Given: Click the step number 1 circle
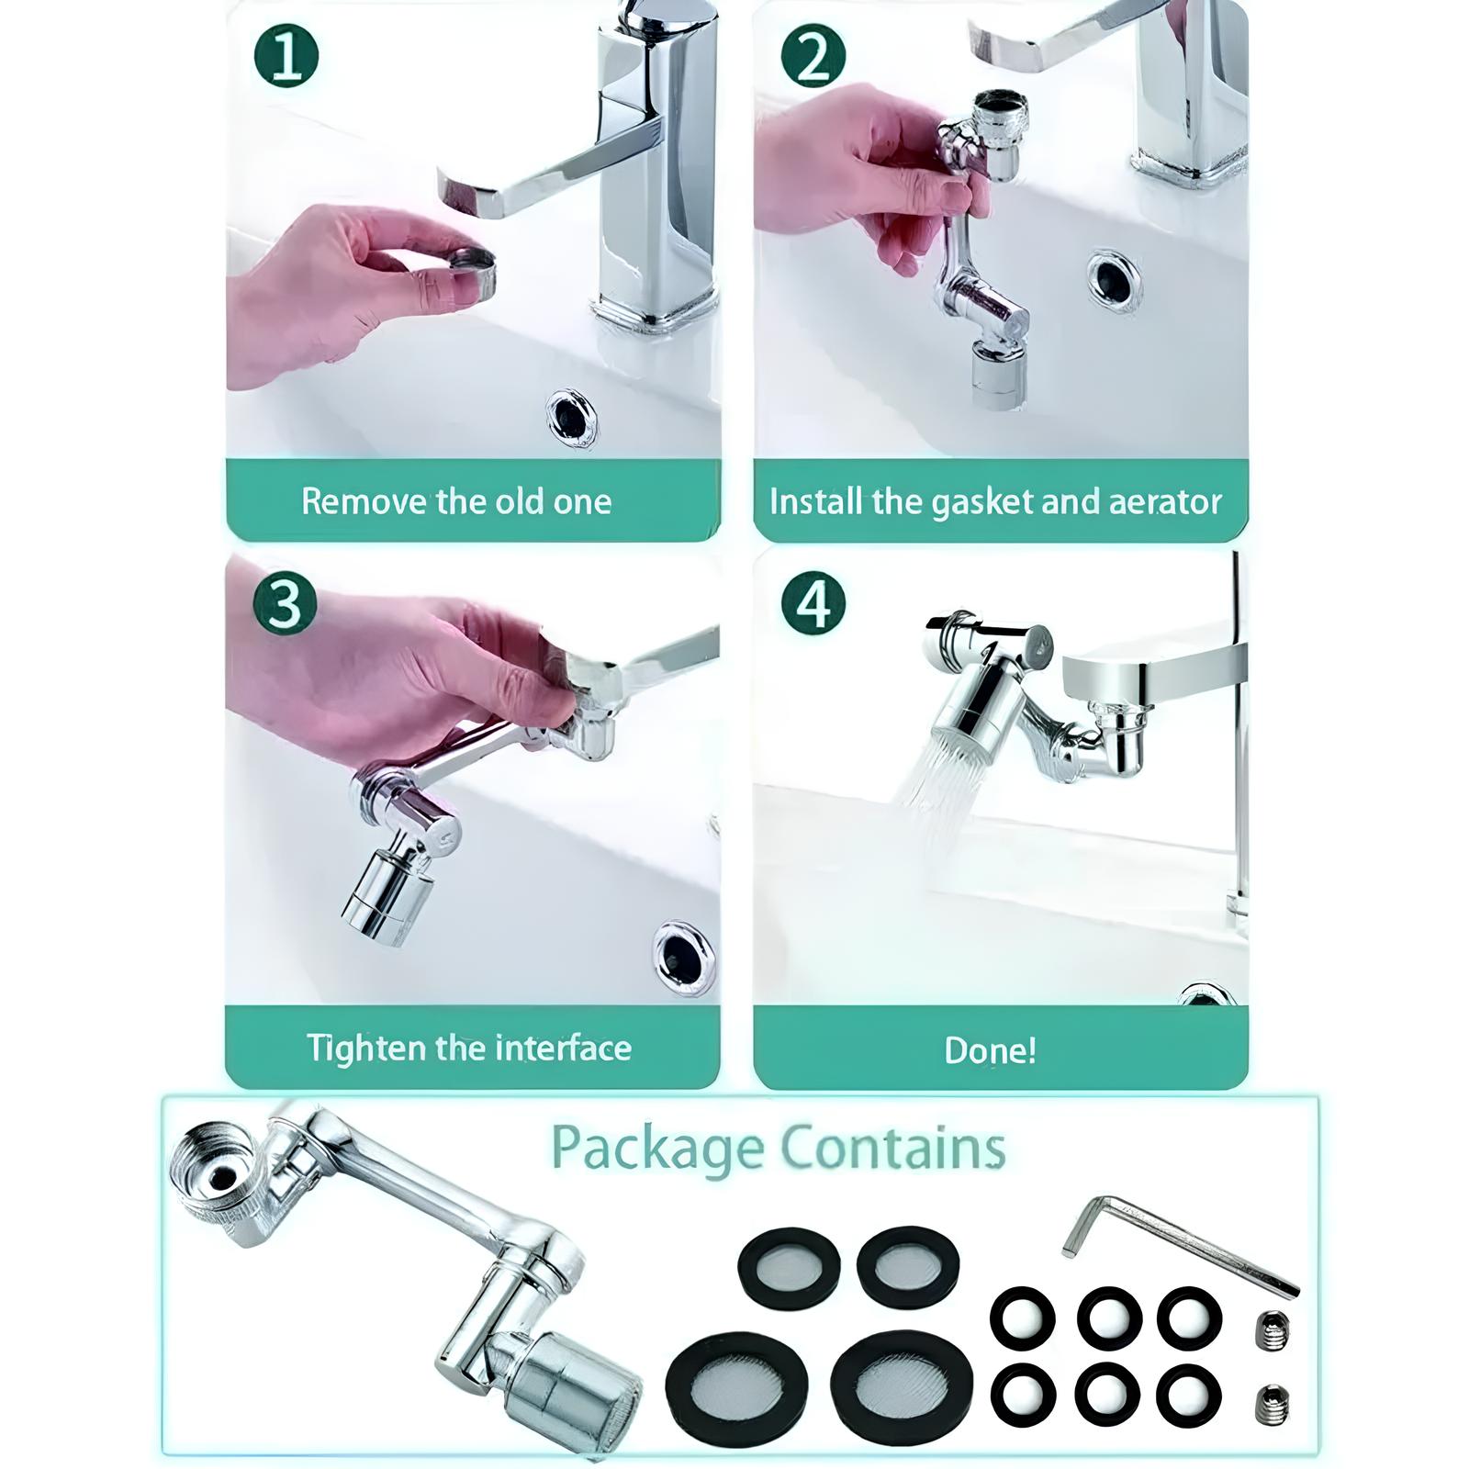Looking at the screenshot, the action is (x=286, y=56).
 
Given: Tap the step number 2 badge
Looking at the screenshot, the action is (x=813, y=56).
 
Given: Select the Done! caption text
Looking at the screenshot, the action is (x=991, y=1050).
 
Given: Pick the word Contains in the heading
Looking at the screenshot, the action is (x=893, y=1148).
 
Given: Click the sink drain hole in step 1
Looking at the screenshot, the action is (x=574, y=418).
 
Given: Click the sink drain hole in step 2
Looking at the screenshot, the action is (x=1116, y=278).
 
